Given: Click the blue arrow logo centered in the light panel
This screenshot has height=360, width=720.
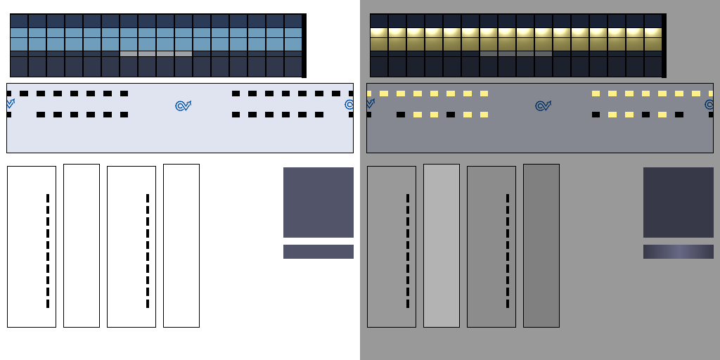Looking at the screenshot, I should (x=183, y=105).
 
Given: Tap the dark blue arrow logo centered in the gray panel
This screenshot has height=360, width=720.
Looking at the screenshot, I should (x=543, y=105).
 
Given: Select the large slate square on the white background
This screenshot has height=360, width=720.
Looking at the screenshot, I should (x=318, y=202).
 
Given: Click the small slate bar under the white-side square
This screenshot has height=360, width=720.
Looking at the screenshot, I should (x=318, y=251).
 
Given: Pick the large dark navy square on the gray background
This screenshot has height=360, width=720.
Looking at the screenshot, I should (x=678, y=202).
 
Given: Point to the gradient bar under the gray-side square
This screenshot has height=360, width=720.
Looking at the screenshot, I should (x=678, y=251).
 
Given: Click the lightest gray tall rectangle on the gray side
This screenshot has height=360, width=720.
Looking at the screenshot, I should (x=441, y=245).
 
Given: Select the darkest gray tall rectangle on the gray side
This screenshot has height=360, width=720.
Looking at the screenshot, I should (x=541, y=245).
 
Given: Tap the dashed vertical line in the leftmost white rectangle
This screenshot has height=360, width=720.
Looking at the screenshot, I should (x=48, y=250).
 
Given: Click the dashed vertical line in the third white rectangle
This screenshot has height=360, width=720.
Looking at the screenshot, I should (x=148, y=250).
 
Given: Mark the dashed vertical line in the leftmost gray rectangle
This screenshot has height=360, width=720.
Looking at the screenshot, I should (x=408, y=250).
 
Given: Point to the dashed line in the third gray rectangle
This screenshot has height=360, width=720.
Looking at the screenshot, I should (x=508, y=250).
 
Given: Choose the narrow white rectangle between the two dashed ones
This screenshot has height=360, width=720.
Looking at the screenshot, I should (x=81, y=245).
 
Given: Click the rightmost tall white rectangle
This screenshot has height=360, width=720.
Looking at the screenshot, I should (x=181, y=245).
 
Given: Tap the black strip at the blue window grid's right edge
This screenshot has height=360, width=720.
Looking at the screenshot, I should (x=304, y=45).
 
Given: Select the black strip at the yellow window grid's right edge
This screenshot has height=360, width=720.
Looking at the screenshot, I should (x=664, y=45).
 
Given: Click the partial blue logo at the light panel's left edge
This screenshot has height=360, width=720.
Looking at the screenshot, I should (x=10, y=104).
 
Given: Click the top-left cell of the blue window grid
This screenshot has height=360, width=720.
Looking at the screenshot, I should (x=19, y=20).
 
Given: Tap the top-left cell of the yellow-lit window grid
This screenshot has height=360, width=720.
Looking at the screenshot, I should (x=379, y=20).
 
